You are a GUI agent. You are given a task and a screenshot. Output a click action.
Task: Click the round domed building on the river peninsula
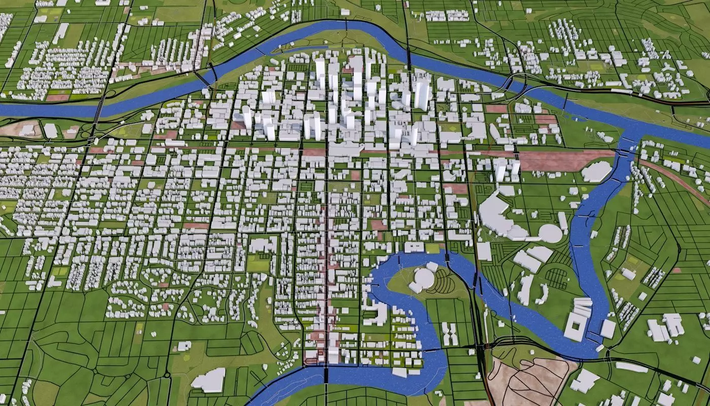pos(423,278)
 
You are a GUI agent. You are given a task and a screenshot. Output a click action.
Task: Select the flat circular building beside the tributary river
pos(550,233)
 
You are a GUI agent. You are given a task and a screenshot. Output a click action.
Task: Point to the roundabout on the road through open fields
pos(167,376)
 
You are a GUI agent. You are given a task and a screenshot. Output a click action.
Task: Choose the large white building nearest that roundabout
pos(208,380)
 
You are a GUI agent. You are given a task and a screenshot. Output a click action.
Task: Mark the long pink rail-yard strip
pos(563,160)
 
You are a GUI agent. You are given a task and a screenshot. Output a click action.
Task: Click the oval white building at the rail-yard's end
pos(596,172)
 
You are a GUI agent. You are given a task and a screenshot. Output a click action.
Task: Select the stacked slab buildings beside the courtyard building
pos(583,307)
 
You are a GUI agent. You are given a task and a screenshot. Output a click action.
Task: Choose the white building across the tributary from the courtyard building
pos(608,329)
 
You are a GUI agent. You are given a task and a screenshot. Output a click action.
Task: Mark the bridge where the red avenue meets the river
pos(325,375)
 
